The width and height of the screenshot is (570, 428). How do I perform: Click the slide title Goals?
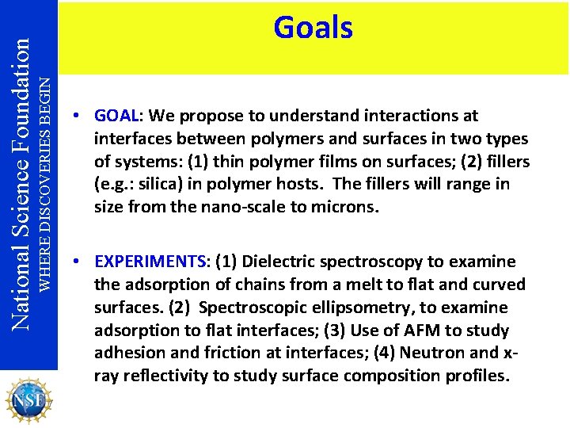[x=313, y=28]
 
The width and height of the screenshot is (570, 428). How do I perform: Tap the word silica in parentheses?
[x=146, y=185]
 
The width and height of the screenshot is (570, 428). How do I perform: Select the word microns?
[x=348, y=208]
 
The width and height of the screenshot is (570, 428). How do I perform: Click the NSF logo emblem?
[x=29, y=399]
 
